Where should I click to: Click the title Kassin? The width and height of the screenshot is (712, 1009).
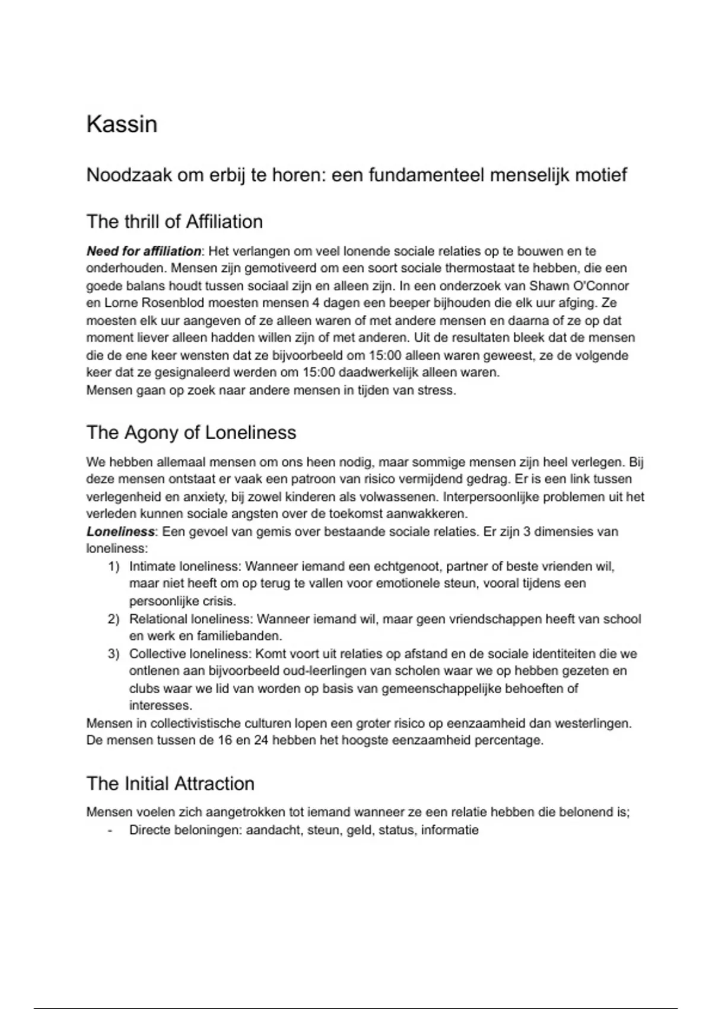click(x=122, y=124)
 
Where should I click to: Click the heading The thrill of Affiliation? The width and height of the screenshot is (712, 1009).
click(x=174, y=221)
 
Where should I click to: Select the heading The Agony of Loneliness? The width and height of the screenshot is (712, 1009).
click(x=191, y=432)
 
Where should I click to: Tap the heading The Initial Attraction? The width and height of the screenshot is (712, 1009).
click(x=170, y=783)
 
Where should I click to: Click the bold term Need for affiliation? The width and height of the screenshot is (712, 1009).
click(x=144, y=251)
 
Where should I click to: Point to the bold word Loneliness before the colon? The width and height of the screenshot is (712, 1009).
click(x=120, y=531)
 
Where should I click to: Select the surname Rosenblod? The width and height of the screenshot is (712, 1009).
click(x=172, y=303)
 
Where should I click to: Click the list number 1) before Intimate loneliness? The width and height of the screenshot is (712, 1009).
click(x=113, y=567)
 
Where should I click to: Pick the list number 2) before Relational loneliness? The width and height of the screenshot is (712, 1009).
click(x=113, y=619)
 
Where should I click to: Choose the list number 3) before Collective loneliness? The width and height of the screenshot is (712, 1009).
click(x=113, y=654)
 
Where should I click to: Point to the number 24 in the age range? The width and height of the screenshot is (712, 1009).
click(x=262, y=741)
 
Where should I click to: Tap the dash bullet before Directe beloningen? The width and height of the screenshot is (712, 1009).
click(x=110, y=830)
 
